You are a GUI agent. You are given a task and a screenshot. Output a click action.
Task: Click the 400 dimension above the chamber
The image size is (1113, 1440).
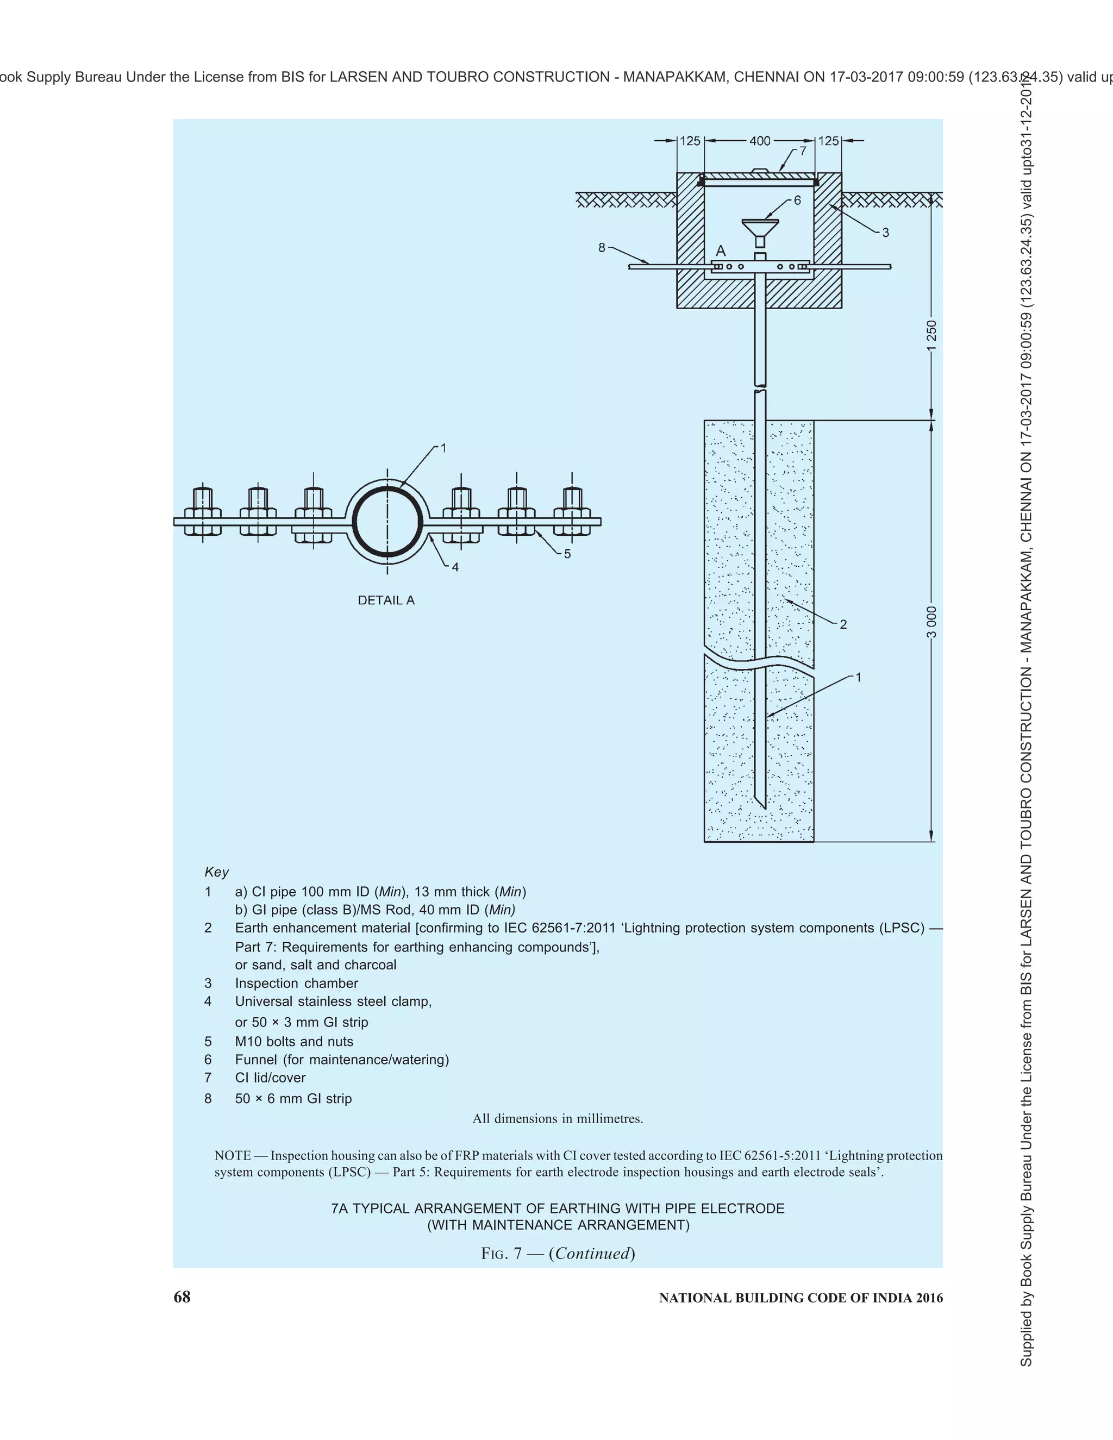(760, 141)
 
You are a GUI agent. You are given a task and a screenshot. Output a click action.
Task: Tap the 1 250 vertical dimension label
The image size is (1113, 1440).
(931, 336)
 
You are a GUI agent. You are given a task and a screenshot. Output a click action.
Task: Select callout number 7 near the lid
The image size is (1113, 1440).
(803, 151)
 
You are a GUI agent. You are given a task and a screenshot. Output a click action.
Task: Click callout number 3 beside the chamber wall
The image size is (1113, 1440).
(885, 232)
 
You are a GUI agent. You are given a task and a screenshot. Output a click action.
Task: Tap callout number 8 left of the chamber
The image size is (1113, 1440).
(602, 248)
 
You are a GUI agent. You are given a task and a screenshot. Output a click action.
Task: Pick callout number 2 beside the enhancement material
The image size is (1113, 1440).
(843, 624)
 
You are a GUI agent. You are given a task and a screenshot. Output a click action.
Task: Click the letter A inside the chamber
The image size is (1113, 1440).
(721, 251)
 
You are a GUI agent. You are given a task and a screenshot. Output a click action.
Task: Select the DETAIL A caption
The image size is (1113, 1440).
(386, 600)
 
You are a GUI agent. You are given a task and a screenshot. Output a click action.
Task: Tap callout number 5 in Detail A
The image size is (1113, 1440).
(567, 554)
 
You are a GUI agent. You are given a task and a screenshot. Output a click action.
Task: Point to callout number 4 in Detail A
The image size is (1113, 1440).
(455, 566)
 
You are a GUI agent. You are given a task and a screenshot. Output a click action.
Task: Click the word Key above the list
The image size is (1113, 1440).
(216, 872)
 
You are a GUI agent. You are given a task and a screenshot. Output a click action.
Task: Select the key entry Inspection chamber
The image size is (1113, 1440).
(296, 983)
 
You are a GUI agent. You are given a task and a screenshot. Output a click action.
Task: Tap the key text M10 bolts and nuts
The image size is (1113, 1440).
(294, 1041)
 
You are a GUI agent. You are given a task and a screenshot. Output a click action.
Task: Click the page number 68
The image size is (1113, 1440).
(182, 1297)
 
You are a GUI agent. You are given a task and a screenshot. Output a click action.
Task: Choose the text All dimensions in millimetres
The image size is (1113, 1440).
(557, 1118)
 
